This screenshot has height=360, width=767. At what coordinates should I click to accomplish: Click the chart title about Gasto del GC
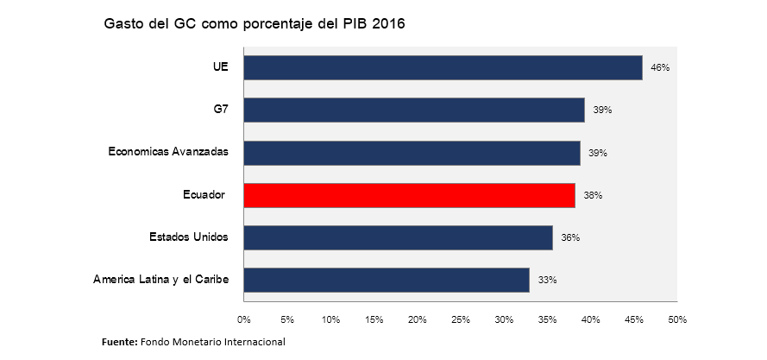(x=254, y=24)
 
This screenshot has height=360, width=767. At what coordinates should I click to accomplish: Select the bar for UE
(x=443, y=67)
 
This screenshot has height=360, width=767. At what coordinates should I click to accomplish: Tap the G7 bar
(x=414, y=110)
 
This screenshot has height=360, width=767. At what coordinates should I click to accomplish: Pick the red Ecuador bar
(x=409, y=195)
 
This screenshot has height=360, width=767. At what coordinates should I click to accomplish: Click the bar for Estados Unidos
(x=398, y=237)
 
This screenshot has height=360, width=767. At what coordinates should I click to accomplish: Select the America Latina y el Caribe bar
(x=387, y=280)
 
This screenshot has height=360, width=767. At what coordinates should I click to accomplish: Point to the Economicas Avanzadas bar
(x=412, y=153)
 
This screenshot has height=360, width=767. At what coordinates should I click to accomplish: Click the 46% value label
(x=660, y=67)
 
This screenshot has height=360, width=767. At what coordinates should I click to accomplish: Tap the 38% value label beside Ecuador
(x=593, y=195)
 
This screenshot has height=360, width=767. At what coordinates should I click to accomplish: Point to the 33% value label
(x=547, y=280)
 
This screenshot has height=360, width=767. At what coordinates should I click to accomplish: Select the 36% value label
(x=570, y=237)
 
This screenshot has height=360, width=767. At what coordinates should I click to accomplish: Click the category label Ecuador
(x=204, y=195)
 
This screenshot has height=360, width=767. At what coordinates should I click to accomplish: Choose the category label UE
(x=220, y=66)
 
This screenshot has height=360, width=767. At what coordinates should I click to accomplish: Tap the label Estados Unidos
(x=188, y=237)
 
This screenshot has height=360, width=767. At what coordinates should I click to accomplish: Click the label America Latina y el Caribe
(x=160, y=280)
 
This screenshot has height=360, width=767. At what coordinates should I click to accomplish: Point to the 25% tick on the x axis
(x=461, y=320)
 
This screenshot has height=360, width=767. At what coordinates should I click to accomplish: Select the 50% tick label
(x=677, y=320)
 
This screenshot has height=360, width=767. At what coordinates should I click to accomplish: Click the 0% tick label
(x=244, y=320)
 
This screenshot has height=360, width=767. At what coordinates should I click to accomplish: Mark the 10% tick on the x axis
(x=330, y=320)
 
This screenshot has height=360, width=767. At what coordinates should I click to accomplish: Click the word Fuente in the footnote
(x=119, y=342)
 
